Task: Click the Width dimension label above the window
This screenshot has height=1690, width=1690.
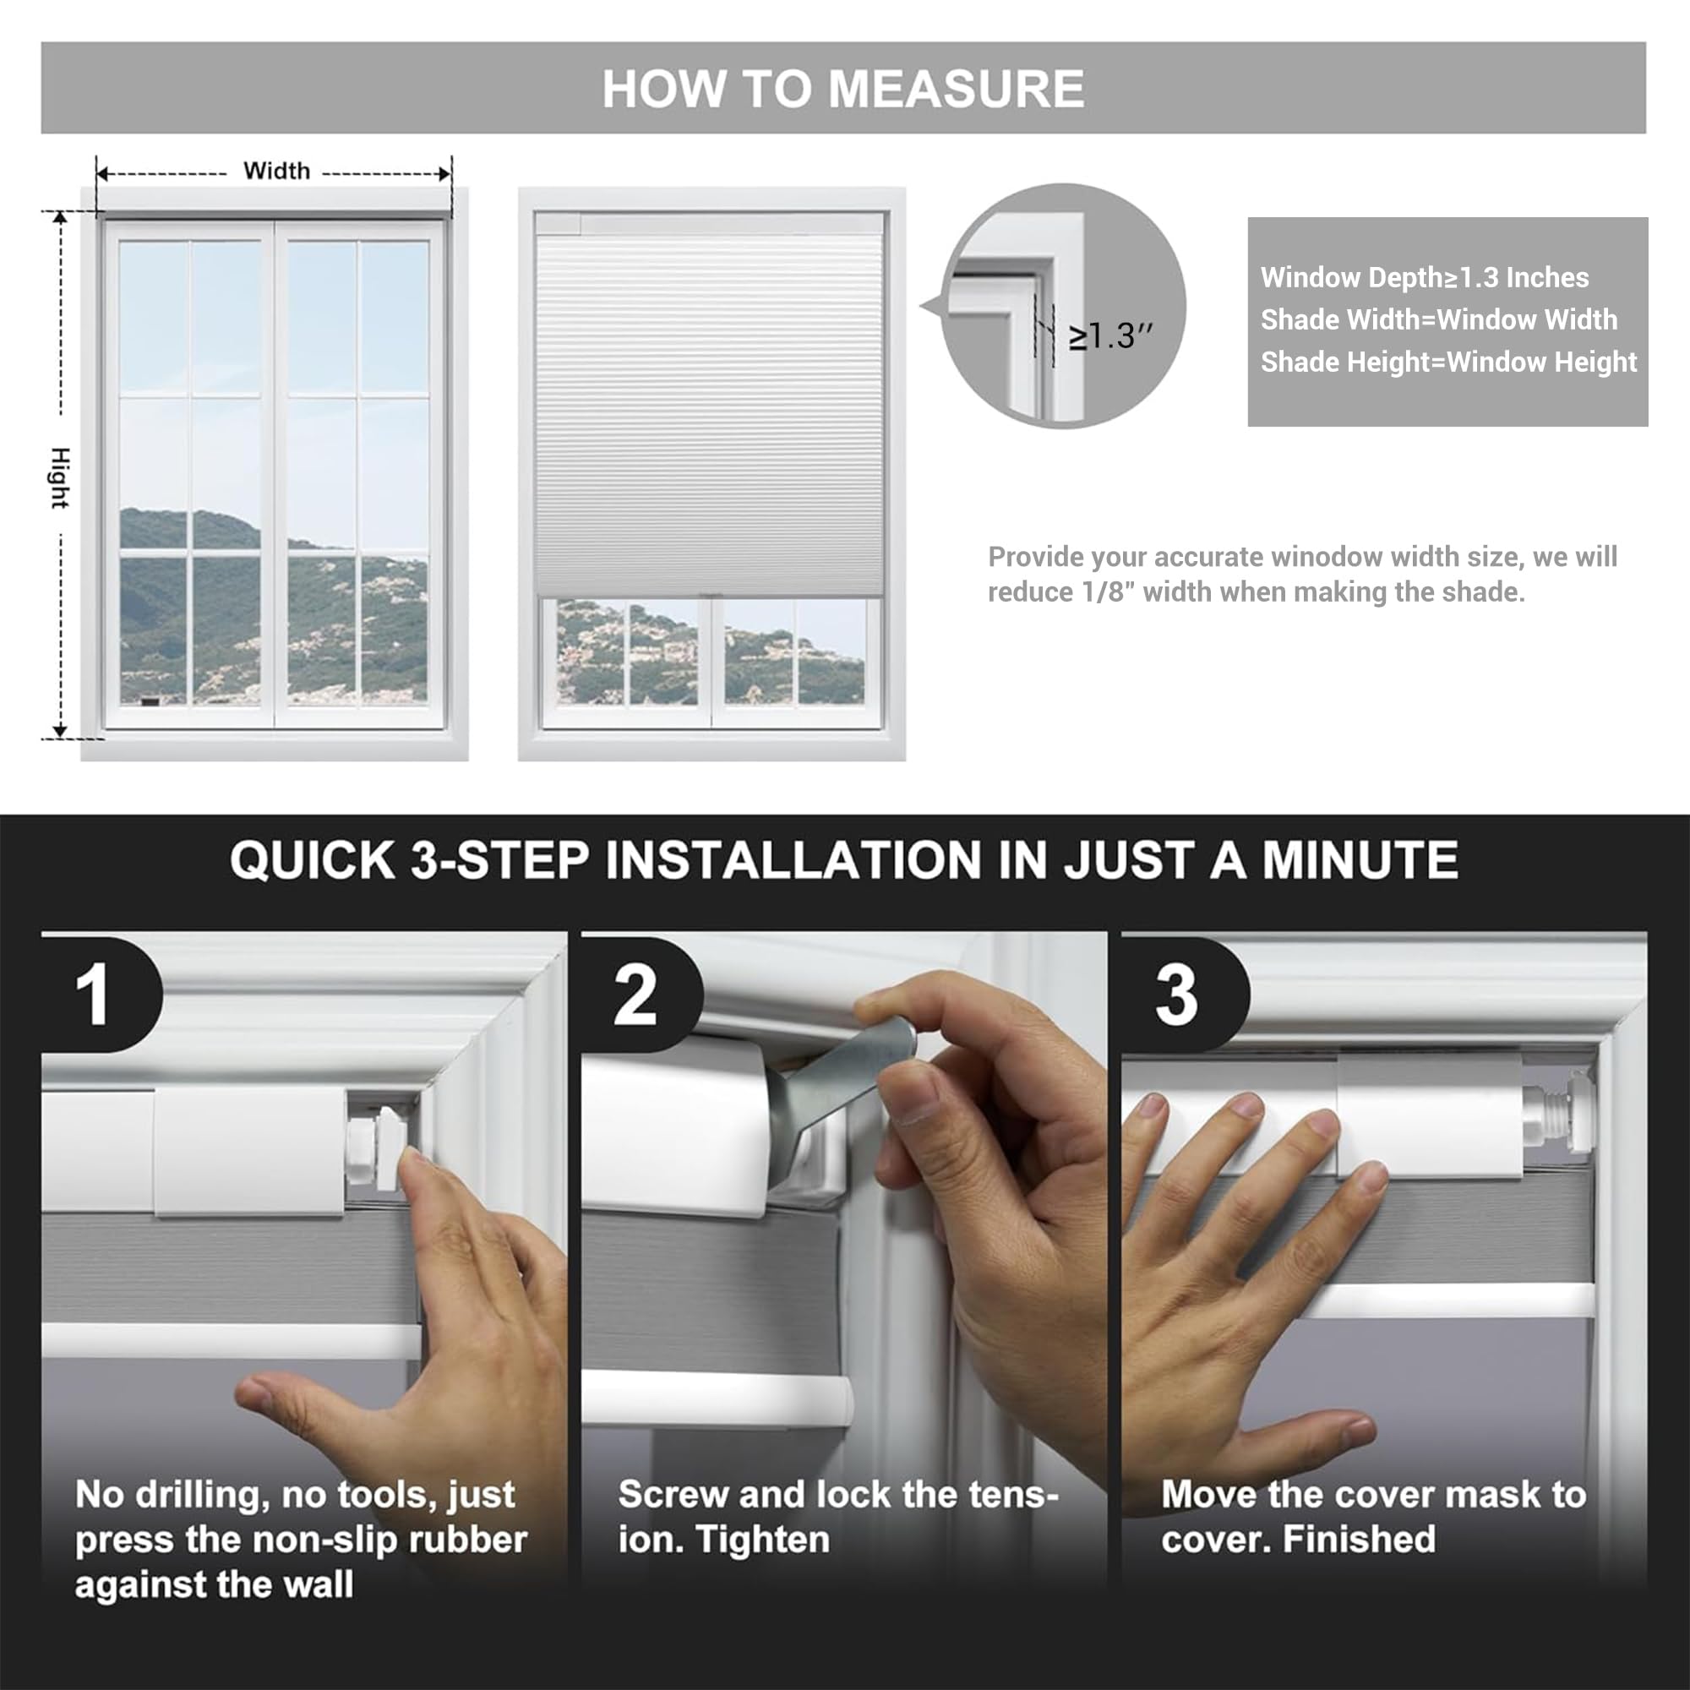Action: click(x=276, y=171)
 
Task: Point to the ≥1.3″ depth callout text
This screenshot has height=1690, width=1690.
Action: click(x=1111, y=335)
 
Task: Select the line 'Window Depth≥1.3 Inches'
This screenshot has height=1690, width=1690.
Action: click(x=1424, y=277)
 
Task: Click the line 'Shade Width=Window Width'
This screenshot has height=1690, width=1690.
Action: click(x=1439, y=319)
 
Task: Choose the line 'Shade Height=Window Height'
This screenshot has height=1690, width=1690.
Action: click(x=1448, y=362)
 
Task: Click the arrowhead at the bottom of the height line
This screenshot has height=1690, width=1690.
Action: click(x=60, y=730)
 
